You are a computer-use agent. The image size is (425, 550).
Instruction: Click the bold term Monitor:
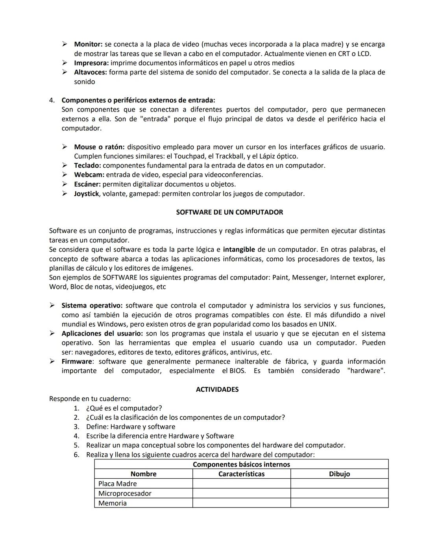(88, 44)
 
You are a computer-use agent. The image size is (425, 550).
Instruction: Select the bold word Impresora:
(91, 63)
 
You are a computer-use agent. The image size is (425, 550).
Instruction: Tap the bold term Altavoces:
(91, 72)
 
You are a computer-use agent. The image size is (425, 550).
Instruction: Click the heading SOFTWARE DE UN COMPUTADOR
(229, 212)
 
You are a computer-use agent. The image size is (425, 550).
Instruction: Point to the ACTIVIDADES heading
(217, 389)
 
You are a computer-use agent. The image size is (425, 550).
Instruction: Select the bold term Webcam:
(89, 175)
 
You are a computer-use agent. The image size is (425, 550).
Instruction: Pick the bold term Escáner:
(87, 184)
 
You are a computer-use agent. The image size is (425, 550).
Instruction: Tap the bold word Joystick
(86, 194)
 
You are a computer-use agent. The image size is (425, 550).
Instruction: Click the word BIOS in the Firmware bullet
(237, 371)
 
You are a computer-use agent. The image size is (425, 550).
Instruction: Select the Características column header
(241, 474)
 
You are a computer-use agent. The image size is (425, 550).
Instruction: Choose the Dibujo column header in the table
(339, 474)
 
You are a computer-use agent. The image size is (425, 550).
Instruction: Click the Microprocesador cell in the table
(125, 493)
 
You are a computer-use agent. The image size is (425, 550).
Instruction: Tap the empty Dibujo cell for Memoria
(339, 503)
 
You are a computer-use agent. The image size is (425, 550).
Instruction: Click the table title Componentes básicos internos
(241, 465)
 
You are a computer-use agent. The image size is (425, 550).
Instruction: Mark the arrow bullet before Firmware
(52, 361)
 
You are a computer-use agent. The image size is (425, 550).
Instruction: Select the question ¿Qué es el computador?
(124, 408)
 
